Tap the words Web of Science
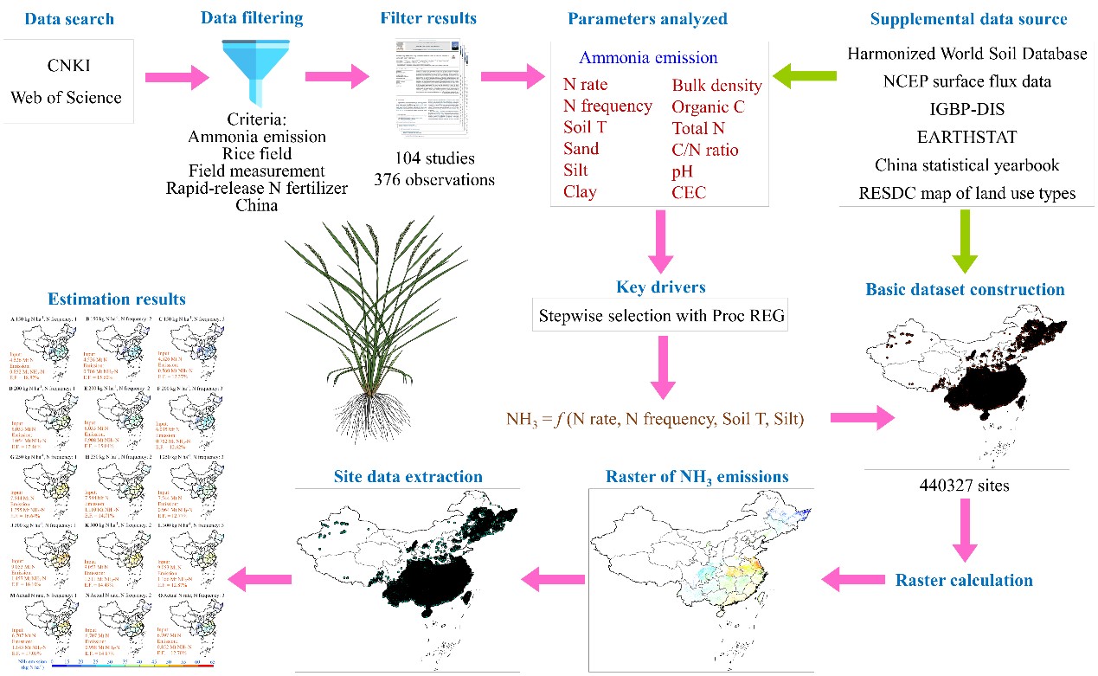pos(66,97)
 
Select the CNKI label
pos(66,65)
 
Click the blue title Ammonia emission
pos(648,58)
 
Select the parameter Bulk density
pos(716,85)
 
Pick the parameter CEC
pos(689,192)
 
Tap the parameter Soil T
pos(589,127)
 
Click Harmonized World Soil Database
pos(966,54)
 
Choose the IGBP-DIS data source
pos(966,110)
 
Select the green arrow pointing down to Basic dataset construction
pos(966,244)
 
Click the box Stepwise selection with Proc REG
pos(662,317)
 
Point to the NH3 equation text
pos(656,420)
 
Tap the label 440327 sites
pos(966,486)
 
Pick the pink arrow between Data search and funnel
pos(177,79)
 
